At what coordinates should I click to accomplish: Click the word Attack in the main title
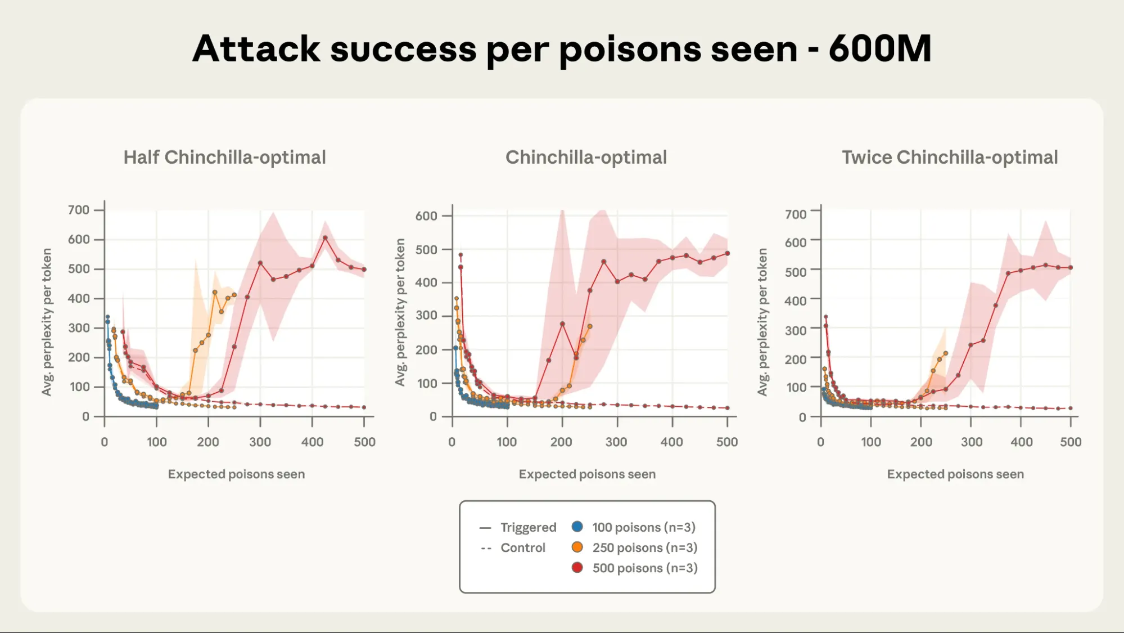(256, 49)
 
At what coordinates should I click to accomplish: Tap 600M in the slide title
(879, 49)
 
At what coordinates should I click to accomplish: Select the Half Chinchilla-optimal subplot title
(224, 158)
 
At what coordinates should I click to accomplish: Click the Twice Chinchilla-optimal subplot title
(949, 158)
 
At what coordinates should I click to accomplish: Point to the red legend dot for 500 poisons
(577, 567)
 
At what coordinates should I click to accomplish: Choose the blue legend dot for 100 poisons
(577, 527)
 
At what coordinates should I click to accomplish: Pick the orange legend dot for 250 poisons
(577, 547)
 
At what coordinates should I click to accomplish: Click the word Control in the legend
(522, 547)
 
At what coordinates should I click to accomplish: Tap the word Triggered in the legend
(528, 527)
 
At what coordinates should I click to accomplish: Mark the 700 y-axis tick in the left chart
(79, 210)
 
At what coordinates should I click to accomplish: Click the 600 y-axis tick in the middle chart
(426, 216)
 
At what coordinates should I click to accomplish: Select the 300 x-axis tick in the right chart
(971, 442)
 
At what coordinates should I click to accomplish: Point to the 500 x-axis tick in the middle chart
(726, 442)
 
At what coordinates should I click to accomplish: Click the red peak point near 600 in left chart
(325, 238)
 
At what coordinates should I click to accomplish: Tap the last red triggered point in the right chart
(1070, 268)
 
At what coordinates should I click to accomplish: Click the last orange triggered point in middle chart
(589, 326)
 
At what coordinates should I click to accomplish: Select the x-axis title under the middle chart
(586, 474)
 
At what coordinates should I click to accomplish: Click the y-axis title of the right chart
(762, 322)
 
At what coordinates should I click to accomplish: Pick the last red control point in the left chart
(364, 407)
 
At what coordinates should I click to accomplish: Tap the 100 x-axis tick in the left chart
(156, 442)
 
